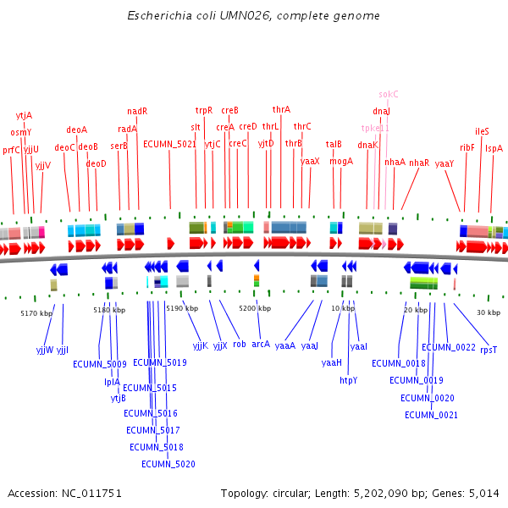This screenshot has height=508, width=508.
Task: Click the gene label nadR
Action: [x=137, y=111]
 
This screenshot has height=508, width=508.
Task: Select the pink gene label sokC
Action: [x=389, y=94]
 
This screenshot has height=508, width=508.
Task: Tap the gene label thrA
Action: [x=281, y=109]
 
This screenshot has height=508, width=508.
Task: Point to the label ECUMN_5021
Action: [x=169, y=144]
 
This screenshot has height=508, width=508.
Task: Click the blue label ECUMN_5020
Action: [x=168, y=464]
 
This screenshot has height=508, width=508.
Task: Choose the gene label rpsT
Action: [x=489, y=349]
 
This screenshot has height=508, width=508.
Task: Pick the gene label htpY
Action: [x=349, y=380]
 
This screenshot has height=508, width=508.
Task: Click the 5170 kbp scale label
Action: [x=36, y=313]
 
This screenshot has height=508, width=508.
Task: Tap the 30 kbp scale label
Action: [x=489, y=312]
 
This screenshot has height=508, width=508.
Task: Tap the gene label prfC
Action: [x=11, y=150]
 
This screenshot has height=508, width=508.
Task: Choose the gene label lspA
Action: [x=494, y=148]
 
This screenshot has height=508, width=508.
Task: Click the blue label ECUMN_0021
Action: [x=431, y=415]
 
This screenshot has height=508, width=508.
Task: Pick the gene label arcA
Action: [x=261, y=345]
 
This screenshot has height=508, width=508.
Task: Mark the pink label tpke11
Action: [x=375, y=128]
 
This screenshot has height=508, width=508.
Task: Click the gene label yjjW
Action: [x=44, y=349]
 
